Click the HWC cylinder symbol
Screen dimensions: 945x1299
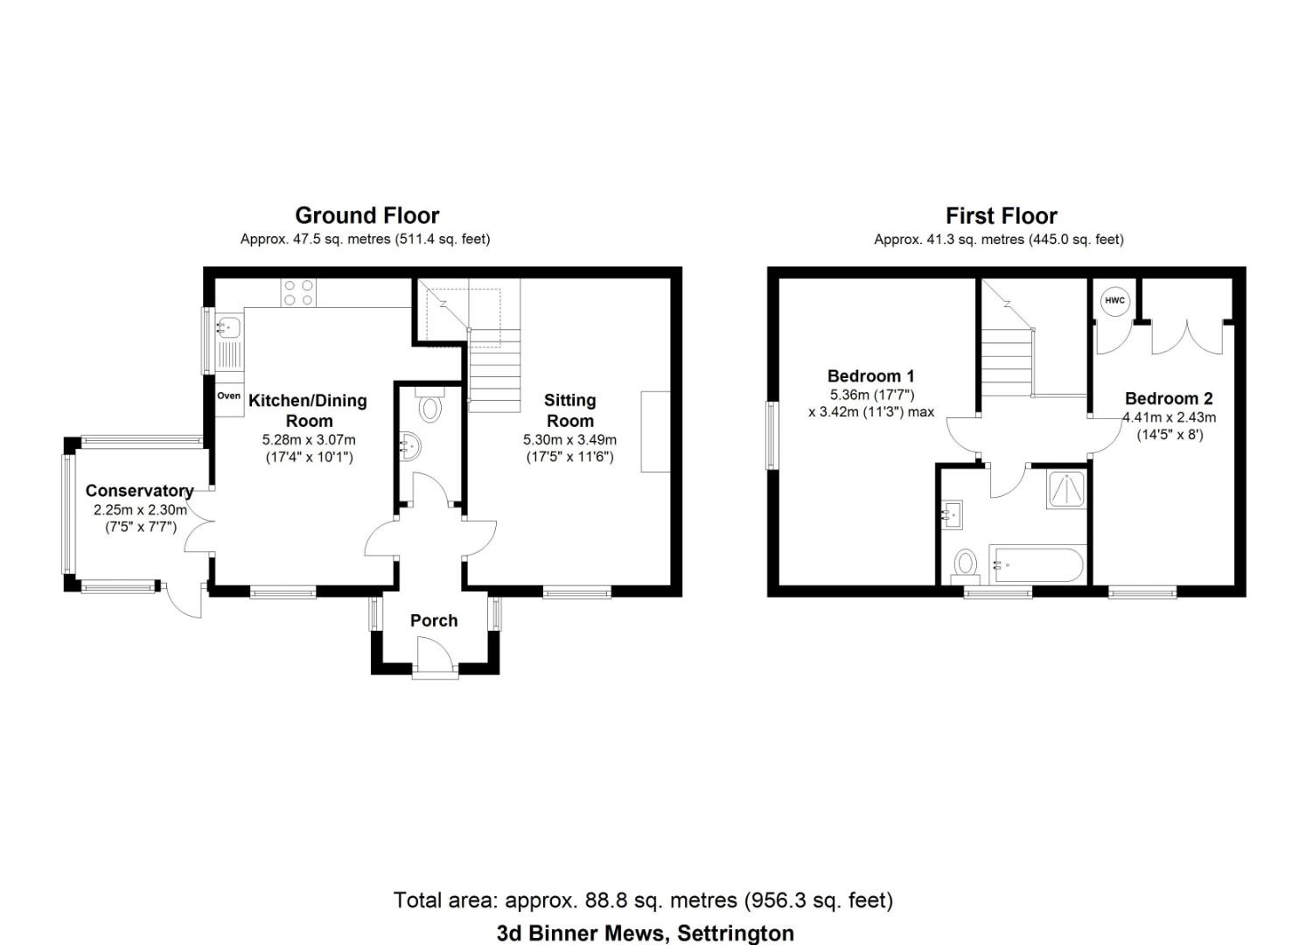(1114, 301)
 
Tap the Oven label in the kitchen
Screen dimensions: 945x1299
(228, 396)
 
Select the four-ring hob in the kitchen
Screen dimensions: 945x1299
(298, 292)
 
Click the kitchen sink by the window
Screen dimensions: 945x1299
(229, 329)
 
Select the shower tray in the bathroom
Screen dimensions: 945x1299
(1066, 490)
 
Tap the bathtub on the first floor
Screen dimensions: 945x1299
(1037, 564)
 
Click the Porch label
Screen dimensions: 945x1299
(434, 620)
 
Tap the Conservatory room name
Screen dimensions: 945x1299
(139, 491)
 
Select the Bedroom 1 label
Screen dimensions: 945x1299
(870, 376)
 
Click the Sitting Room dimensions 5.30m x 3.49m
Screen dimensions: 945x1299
(569, 440)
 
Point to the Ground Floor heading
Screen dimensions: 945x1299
(367, 215)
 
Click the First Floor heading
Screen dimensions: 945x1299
(1001, 215)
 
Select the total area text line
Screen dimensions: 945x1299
(643, 900)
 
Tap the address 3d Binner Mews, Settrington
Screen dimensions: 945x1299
(645, 933)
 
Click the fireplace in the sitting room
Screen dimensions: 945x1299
(655, 431)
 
